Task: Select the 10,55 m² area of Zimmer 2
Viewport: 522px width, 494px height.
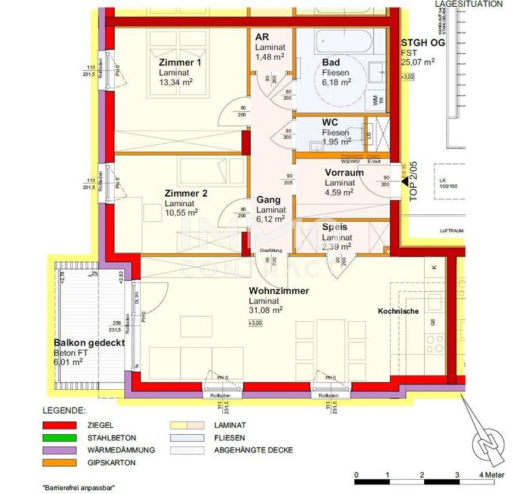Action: (181, 212)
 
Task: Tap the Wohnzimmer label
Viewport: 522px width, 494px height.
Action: (279, 291)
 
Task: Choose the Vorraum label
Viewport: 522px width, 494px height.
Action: (344, 173)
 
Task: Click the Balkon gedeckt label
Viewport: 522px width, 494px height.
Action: (88, 343)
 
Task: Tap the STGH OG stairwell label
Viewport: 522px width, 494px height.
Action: (423, 42)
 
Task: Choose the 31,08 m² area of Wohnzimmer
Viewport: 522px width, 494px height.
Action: (266, 310)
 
